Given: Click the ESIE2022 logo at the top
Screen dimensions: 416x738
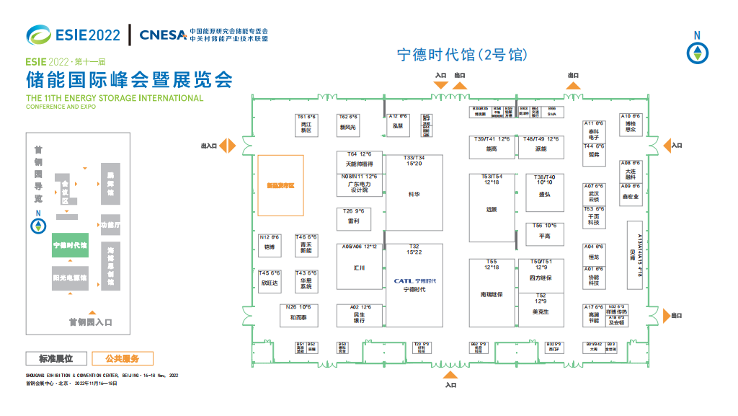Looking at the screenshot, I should pos(73,34).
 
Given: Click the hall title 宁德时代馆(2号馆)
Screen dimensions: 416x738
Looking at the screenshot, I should pos(462,55).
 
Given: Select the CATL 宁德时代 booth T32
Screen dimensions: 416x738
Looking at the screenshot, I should pos(414,285).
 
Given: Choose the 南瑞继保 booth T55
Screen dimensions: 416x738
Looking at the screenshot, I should pos(492,292).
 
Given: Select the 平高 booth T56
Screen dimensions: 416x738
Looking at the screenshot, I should pos(545,233).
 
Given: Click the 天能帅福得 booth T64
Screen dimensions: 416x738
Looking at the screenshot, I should pos(359,161).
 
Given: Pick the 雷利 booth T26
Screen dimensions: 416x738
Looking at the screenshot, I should pos(353,218).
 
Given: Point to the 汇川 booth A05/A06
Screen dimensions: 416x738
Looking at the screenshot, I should pos(359,266).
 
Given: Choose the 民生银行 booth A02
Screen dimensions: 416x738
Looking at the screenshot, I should pos(359,315).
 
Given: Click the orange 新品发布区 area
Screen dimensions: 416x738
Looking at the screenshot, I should pos(281,185).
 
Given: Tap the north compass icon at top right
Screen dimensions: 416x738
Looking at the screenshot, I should pos(697,52).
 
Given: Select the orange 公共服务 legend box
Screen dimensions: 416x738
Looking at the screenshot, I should pos(122,358).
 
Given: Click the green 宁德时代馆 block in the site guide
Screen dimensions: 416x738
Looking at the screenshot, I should pos(70,245).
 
